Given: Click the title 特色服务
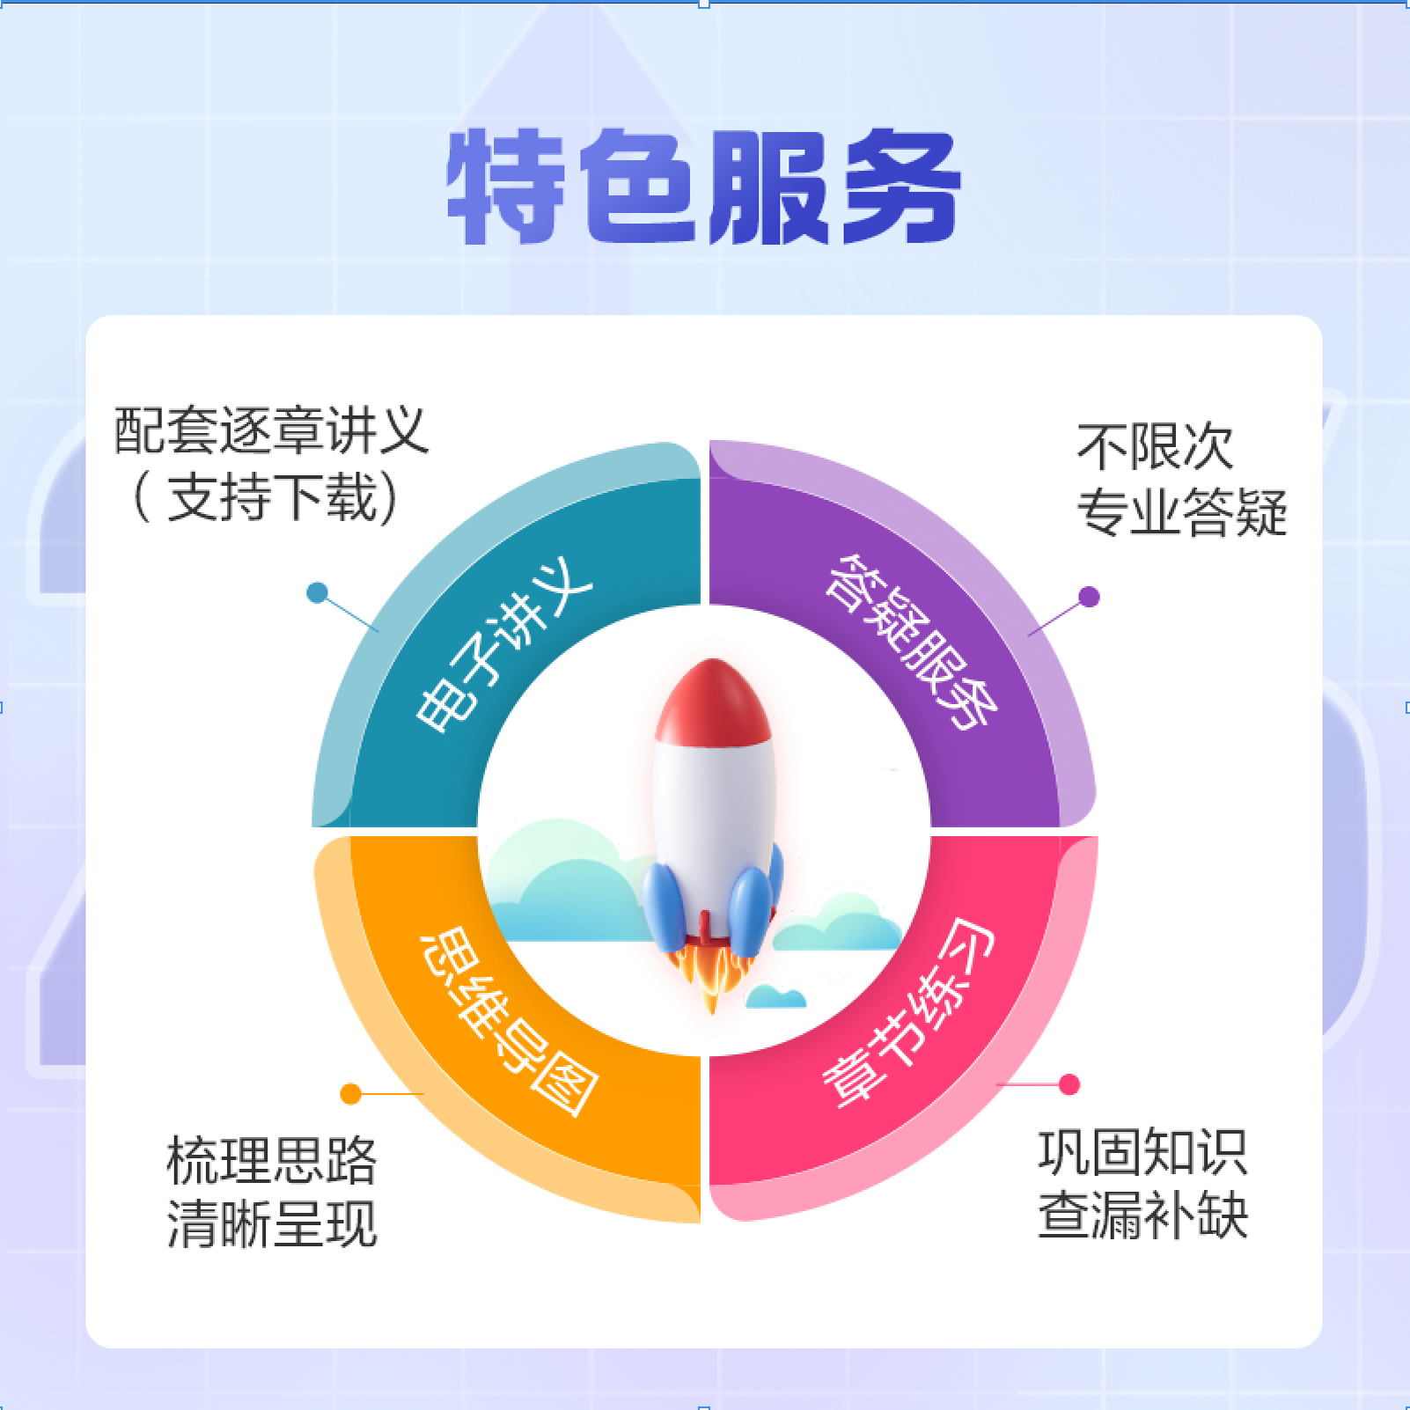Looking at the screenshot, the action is [x=704, y=187].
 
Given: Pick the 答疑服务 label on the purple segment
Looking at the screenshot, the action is [x=912, y=643].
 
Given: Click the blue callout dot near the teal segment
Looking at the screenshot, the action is [x=317, y=592].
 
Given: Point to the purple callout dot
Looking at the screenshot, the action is [x=1089, y=597].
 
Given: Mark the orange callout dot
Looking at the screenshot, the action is [x=350, y=1093].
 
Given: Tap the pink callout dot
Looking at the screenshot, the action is [x=1069, y=1084].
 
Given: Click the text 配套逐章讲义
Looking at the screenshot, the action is [x=271, y=431].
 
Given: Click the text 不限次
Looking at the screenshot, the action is [x=1155, y=447].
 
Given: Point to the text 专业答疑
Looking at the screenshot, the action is [x=1181, y=512].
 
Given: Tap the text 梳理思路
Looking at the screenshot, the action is [x=271, y=1160].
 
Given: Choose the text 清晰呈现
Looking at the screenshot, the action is [x=271, y=1224].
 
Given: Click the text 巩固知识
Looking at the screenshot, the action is [x=1142, y=1152].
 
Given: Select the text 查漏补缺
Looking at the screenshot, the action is [x=1142, y=1215].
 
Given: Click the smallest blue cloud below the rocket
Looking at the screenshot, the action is [x=775, y=997].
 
